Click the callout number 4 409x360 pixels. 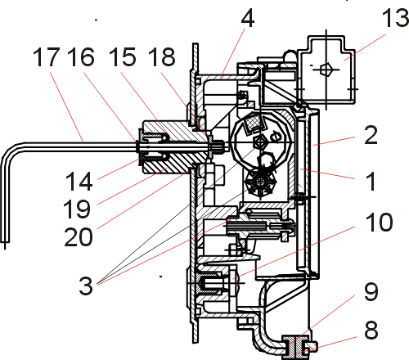[248, 19]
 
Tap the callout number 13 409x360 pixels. [395, 18]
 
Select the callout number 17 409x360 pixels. [46, 57]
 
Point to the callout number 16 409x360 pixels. [81, 57]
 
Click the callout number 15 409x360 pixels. [122, 57]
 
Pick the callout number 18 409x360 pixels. [161, 57]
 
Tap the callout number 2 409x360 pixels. [371, 135]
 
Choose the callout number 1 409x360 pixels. [371, 181]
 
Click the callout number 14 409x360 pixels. [79, 182]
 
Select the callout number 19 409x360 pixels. [77, 209]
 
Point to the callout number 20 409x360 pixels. [79, 237]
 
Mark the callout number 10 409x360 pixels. [379, 223]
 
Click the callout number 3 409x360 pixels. [86, 286]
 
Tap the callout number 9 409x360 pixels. [371, 291]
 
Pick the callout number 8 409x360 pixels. [371, 330]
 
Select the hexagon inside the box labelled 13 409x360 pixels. [326, 70]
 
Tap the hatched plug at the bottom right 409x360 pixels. [293, 347]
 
